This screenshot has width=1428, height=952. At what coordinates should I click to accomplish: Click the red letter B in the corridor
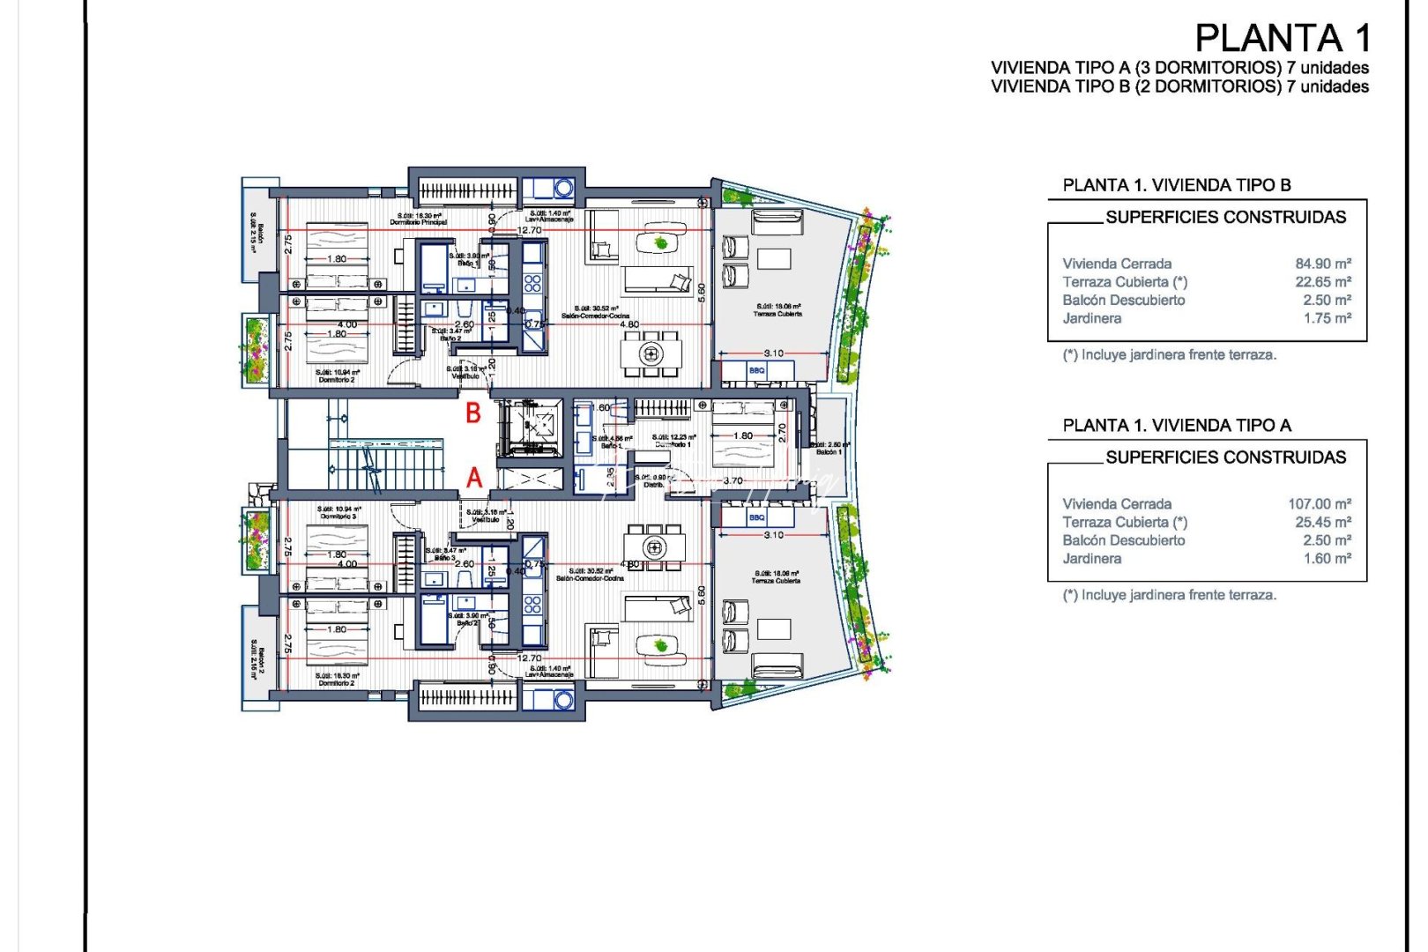click(x=473, y=413)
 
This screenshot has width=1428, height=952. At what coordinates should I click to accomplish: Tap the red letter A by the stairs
click(x=474, y=478)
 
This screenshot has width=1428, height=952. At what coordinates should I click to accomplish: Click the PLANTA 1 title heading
click(x=1283, y=39)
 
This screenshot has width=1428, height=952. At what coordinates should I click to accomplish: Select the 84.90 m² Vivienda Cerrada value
click(x=1323, y=264)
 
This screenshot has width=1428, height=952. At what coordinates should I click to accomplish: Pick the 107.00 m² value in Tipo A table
click(x=1320, y=504)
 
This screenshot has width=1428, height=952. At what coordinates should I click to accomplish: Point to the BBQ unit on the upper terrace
click(x=757, y=371)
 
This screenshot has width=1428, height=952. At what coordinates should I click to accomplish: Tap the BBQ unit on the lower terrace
click(x=757, y=517)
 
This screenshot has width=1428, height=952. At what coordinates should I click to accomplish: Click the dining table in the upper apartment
click(x=651, y=354)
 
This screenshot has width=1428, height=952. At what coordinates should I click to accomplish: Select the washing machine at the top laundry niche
click(x=562, y=188)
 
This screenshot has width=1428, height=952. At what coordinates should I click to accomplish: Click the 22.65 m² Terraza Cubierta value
click(x=1323, y=282)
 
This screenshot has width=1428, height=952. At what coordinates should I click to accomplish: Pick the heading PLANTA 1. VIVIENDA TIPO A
click(x=1177, y=426)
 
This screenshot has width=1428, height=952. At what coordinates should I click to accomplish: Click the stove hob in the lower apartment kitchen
click(x=532, y=605)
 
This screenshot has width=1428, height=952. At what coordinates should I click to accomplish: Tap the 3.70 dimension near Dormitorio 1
click(x=733, y=481)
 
